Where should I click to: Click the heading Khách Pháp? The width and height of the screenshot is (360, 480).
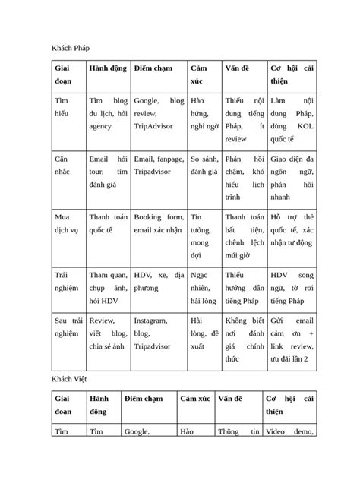click(71, 49)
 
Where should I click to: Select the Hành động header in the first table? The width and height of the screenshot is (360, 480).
click(107, 68)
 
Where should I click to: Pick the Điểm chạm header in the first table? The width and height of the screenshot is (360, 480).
click(153, 68)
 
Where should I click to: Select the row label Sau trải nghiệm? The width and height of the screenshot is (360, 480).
click(67, 328)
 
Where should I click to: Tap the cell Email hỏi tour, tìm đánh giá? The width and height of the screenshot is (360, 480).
click(107, 172)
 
